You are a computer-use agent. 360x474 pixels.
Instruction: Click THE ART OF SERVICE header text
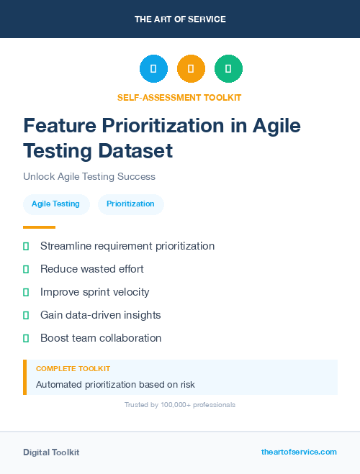click(180, 19)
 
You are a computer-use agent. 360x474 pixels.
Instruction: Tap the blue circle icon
click(153, 68)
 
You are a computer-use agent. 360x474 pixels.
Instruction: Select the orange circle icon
click(191, 68)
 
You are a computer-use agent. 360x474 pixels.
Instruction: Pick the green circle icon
click(228, 68)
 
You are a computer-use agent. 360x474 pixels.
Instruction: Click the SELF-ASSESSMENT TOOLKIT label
click(180, 97)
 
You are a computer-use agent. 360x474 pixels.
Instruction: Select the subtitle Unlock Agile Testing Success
click(89, 176)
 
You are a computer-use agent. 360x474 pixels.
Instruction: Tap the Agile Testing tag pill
click(55, 204)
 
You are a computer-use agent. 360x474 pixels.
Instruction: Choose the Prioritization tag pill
click(130, 204)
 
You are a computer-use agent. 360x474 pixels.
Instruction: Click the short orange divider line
click(39, 227)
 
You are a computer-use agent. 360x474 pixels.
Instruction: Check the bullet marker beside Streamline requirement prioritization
click(26, 246)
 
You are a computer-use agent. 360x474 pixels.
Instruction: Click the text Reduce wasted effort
click(92, 269)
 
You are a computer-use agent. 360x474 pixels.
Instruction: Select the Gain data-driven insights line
click(101, 315)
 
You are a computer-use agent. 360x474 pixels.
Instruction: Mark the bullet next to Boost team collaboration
click(26, 338)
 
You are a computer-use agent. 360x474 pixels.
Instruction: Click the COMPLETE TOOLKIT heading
click(73, 368)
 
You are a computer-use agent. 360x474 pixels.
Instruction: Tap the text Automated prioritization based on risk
click(115, 384)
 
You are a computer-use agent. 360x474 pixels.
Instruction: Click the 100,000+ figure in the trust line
click(172, 405)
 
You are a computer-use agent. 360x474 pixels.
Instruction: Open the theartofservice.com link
click(299, 452)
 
